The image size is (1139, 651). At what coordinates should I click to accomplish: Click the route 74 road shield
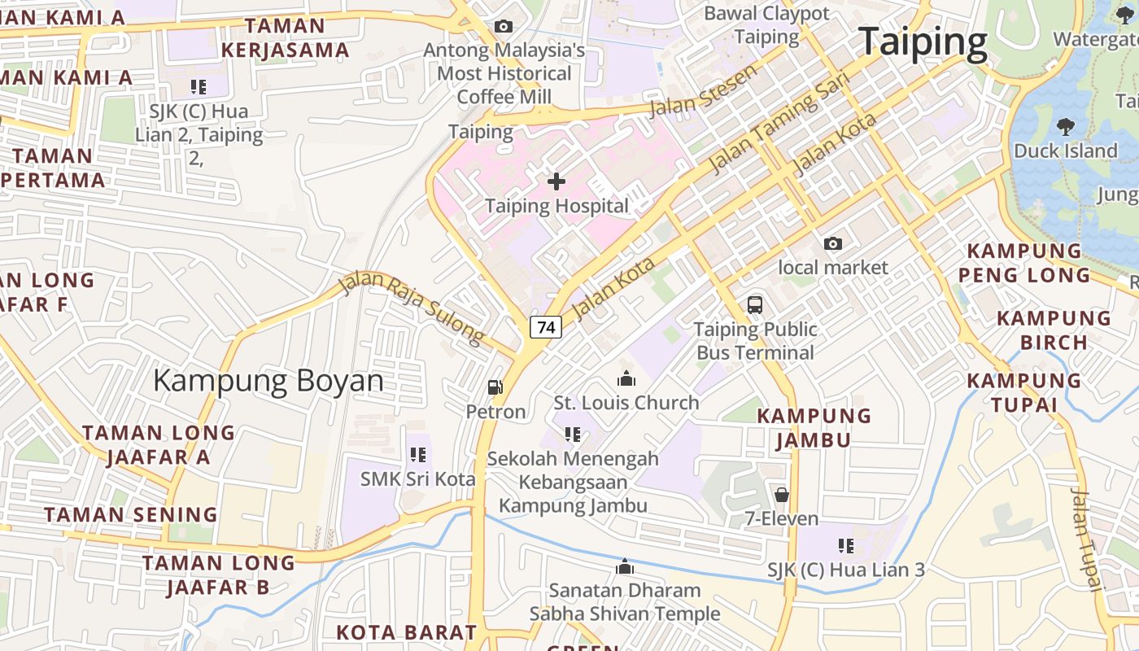546,327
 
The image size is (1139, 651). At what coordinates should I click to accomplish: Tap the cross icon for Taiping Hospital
556,181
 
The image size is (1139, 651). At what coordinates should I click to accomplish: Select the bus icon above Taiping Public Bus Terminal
755,305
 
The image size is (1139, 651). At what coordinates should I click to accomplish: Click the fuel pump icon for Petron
495,387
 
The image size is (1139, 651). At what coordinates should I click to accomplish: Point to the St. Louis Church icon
626,378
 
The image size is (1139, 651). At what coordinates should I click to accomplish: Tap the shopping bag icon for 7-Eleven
781,494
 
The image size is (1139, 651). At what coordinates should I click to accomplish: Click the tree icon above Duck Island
1065,126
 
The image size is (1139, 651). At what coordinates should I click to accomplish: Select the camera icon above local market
832,243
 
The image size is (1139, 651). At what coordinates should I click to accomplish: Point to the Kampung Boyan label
268,381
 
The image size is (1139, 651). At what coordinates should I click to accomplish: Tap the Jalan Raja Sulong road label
411,308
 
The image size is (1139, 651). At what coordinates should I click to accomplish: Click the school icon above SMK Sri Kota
418,455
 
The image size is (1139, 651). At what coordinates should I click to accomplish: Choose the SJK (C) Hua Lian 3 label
846,570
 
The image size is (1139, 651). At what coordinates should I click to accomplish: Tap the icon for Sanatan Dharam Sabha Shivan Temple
625,566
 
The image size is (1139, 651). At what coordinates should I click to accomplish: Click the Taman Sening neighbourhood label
131,514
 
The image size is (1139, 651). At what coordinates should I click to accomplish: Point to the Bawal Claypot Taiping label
766,25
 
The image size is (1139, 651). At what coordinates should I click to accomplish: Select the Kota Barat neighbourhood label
407,632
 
